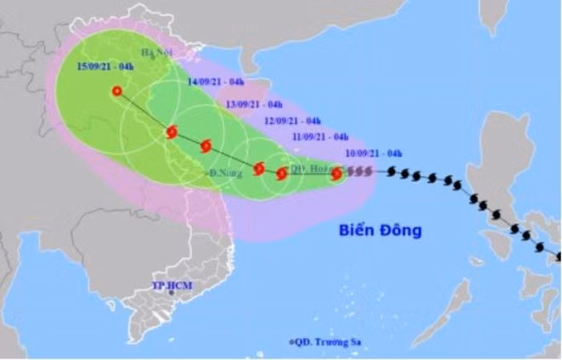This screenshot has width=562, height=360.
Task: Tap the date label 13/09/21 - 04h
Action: click(254, 104)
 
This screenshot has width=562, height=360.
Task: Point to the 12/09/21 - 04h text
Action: click(292, 121)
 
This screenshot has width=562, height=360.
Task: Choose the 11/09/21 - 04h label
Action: click(320, 137)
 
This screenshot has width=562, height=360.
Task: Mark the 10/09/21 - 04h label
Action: click(373, 153)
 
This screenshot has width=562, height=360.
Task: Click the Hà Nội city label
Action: click(158, 53)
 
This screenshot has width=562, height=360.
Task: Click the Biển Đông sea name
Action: click(380, 231)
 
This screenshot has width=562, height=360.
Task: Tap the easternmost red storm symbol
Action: click(336, 173)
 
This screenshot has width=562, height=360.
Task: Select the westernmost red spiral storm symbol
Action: click(171, 132)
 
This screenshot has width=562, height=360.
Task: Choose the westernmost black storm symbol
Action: click(392, 171)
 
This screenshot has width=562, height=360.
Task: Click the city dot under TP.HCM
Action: click(172, 295)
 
